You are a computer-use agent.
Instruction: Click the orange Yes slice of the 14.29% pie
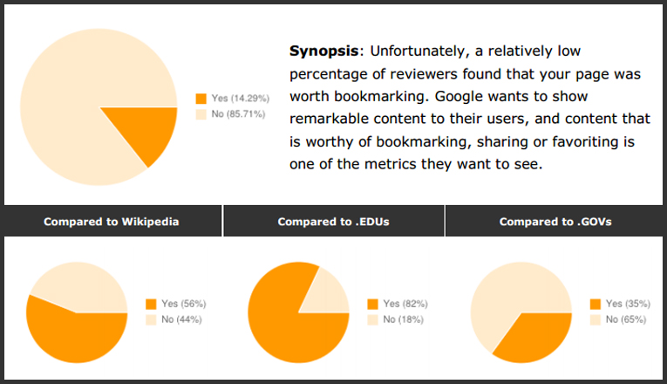coord(148,131)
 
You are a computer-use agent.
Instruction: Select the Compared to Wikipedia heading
coord(112,222)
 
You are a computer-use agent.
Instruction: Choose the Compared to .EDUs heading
coord(333,222)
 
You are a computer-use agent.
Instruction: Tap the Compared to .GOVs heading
coord(555,222)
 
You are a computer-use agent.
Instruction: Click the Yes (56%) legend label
coord(182,304)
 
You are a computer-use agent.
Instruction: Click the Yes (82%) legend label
coord(405,304)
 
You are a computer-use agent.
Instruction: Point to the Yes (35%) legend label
coord(628,304)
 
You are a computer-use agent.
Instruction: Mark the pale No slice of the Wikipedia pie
coord(83,284)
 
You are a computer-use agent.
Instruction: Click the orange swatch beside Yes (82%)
coord(373,305)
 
